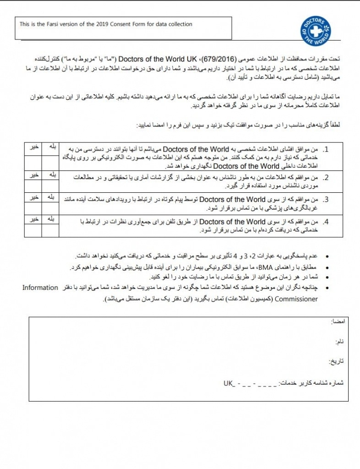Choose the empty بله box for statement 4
(x=51, y=230)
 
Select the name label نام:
(x=340, y=342)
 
